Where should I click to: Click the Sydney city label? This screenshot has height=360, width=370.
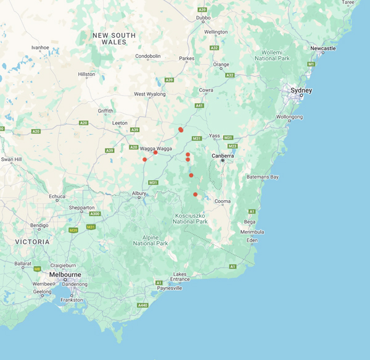(x=302, y=91)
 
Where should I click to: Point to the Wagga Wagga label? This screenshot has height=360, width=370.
(x=155, y=148)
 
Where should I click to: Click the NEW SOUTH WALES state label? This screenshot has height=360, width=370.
(x=114, y=39)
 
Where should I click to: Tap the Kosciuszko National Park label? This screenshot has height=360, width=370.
(x=190, y=219)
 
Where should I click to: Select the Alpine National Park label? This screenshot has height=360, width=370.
(x=150, y=240)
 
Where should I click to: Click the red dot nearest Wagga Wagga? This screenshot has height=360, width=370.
(x=155, y=153)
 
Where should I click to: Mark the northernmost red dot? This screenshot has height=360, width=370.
(x=181, y=130)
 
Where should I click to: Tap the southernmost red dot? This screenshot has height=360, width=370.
(x=195, y=195)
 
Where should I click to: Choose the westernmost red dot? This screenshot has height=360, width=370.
(x=145, y=159)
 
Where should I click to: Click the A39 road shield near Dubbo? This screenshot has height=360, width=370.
(x=202, y=10)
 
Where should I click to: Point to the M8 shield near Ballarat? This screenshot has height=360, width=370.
(x=37, y=269)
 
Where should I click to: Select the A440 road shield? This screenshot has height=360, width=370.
(x=143, y=305)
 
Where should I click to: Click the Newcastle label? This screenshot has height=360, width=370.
(x=323, y=48)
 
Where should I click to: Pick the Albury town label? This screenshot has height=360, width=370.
(x=139, y=193)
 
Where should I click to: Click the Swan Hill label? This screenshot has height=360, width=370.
(x=11, y=159)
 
